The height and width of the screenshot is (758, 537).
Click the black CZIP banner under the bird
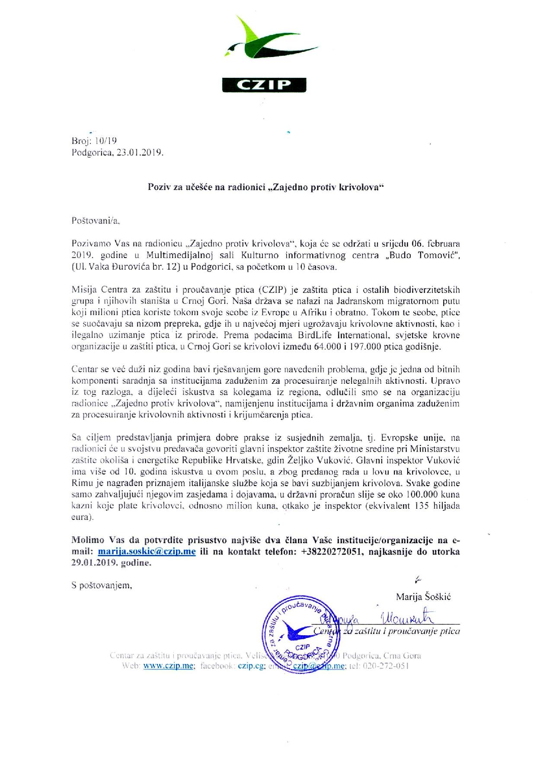(264, 85)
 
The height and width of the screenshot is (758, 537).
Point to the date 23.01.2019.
(140, 152)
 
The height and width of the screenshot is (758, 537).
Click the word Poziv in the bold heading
(157, 187)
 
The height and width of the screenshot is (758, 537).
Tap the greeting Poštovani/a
(95, 220)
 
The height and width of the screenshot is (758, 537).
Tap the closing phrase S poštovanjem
(102, 586)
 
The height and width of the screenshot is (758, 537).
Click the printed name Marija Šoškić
(423, 597)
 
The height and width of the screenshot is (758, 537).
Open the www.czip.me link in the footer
(168, 666)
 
